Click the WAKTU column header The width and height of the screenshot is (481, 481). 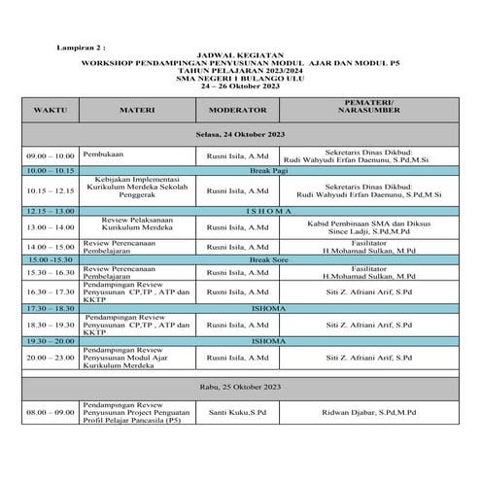49,112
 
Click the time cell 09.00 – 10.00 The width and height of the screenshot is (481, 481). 51,155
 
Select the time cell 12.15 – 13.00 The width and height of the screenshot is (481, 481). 51,210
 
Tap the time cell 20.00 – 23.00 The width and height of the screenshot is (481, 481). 51,359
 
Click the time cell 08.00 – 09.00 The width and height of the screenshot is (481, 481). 51,412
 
